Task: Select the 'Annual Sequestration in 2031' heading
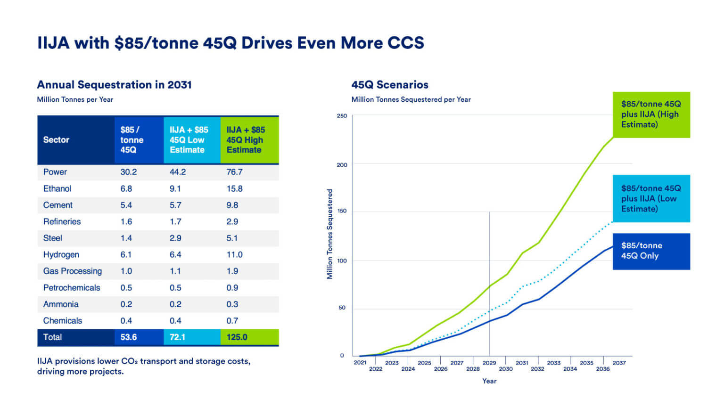coord(114,85)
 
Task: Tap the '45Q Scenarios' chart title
coord(389,85)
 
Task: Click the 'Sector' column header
coord(56,140)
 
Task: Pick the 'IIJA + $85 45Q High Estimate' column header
coord(246,140)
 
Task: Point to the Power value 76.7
coord(234,172)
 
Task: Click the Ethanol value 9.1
coord(175,188)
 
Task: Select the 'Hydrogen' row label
coord(61,254)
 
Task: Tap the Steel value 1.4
coord(126,238)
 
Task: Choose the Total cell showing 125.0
coord(237,337)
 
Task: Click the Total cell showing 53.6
coord(128,337)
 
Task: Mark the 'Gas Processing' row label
coord(72,271)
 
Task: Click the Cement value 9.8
coord(232,205)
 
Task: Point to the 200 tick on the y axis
coord(342,165)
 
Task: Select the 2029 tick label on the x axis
coord(489,363)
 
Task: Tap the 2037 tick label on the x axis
coord(619,363)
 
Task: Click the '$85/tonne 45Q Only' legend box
coord(651,251)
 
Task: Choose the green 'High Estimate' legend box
coord(651,114)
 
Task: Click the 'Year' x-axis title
coord(489,381)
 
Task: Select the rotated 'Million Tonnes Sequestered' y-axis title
coord(330,234)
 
